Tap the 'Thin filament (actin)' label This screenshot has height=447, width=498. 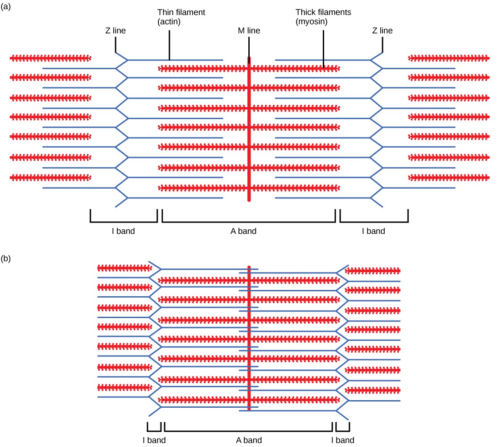click(181, 17)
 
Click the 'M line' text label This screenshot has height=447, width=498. click(249, 31)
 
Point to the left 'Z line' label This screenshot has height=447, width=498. click(115, 31)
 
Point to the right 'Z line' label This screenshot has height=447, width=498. click(382, 31)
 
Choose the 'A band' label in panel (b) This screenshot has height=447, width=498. click(249, 440)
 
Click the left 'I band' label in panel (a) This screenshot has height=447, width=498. click(123, 231)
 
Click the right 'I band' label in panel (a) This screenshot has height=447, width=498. click(373, 231)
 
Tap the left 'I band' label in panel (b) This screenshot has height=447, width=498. click(154, 440)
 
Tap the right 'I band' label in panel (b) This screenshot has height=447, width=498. click(342, 440)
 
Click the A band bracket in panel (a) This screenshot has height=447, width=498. click(249, 221)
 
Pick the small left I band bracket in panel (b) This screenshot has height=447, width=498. click(154, 431)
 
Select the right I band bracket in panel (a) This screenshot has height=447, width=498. click(374, 221)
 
